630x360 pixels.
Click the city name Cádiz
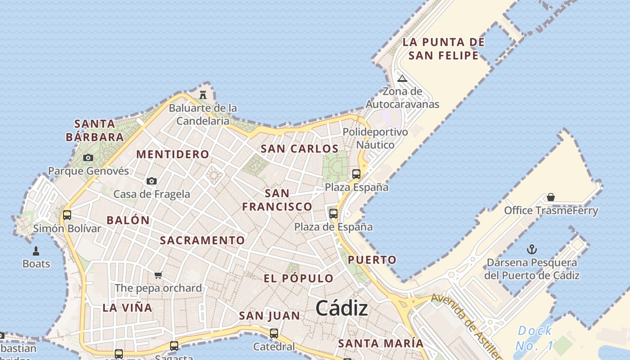coord(342,308)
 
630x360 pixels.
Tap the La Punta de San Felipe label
coord(443,49)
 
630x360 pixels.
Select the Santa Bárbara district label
coord(94,130)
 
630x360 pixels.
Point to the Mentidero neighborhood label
coord(173,154)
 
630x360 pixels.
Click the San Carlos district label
coord(300,148)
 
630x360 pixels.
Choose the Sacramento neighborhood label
coord(202,240)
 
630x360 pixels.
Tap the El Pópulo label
coord(299,278)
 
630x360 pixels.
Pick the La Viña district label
coord(127,308)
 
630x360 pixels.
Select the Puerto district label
coord(372,260)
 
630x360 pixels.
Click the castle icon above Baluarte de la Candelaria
coord(203,94)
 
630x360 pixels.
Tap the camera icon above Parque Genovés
coord(88,157)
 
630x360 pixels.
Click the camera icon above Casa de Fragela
coord(152,181)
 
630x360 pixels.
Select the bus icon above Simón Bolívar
coord(67,215)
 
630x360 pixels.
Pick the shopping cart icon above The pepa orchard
coord(158,275)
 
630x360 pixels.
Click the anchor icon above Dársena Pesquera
coord(532,249)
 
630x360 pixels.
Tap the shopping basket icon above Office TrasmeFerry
coord(551,197)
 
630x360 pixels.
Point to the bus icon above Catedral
coord(274,333)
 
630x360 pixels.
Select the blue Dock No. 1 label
coord(534,338)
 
